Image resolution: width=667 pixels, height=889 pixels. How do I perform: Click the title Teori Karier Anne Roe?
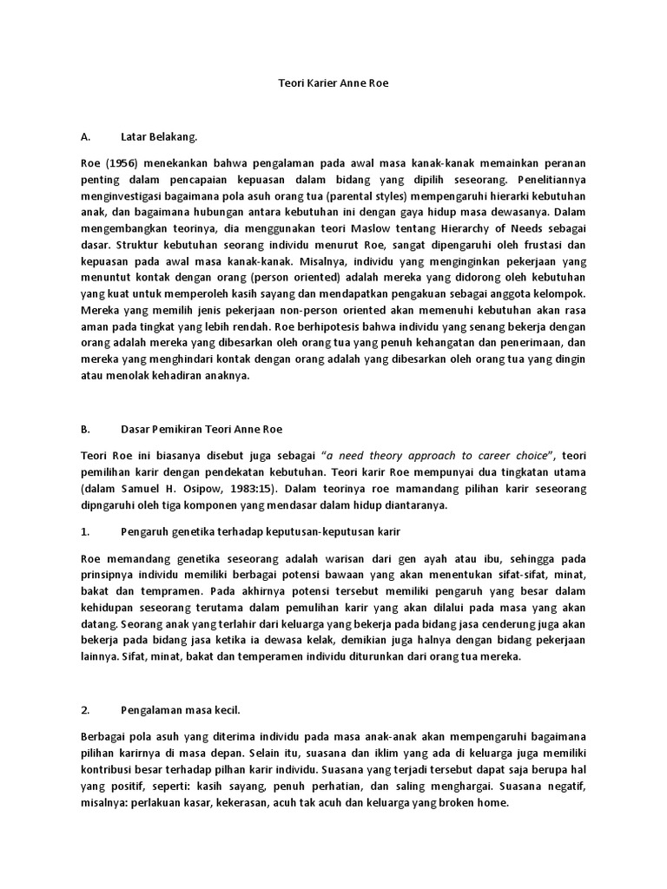point(333,83)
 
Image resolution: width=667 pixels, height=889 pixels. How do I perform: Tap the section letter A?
point(85,136)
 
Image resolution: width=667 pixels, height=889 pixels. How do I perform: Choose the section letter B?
point(85,429)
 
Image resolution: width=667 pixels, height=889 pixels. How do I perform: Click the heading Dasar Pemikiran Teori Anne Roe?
point(201,429)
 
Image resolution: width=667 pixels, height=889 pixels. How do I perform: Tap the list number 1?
point(85,530)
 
